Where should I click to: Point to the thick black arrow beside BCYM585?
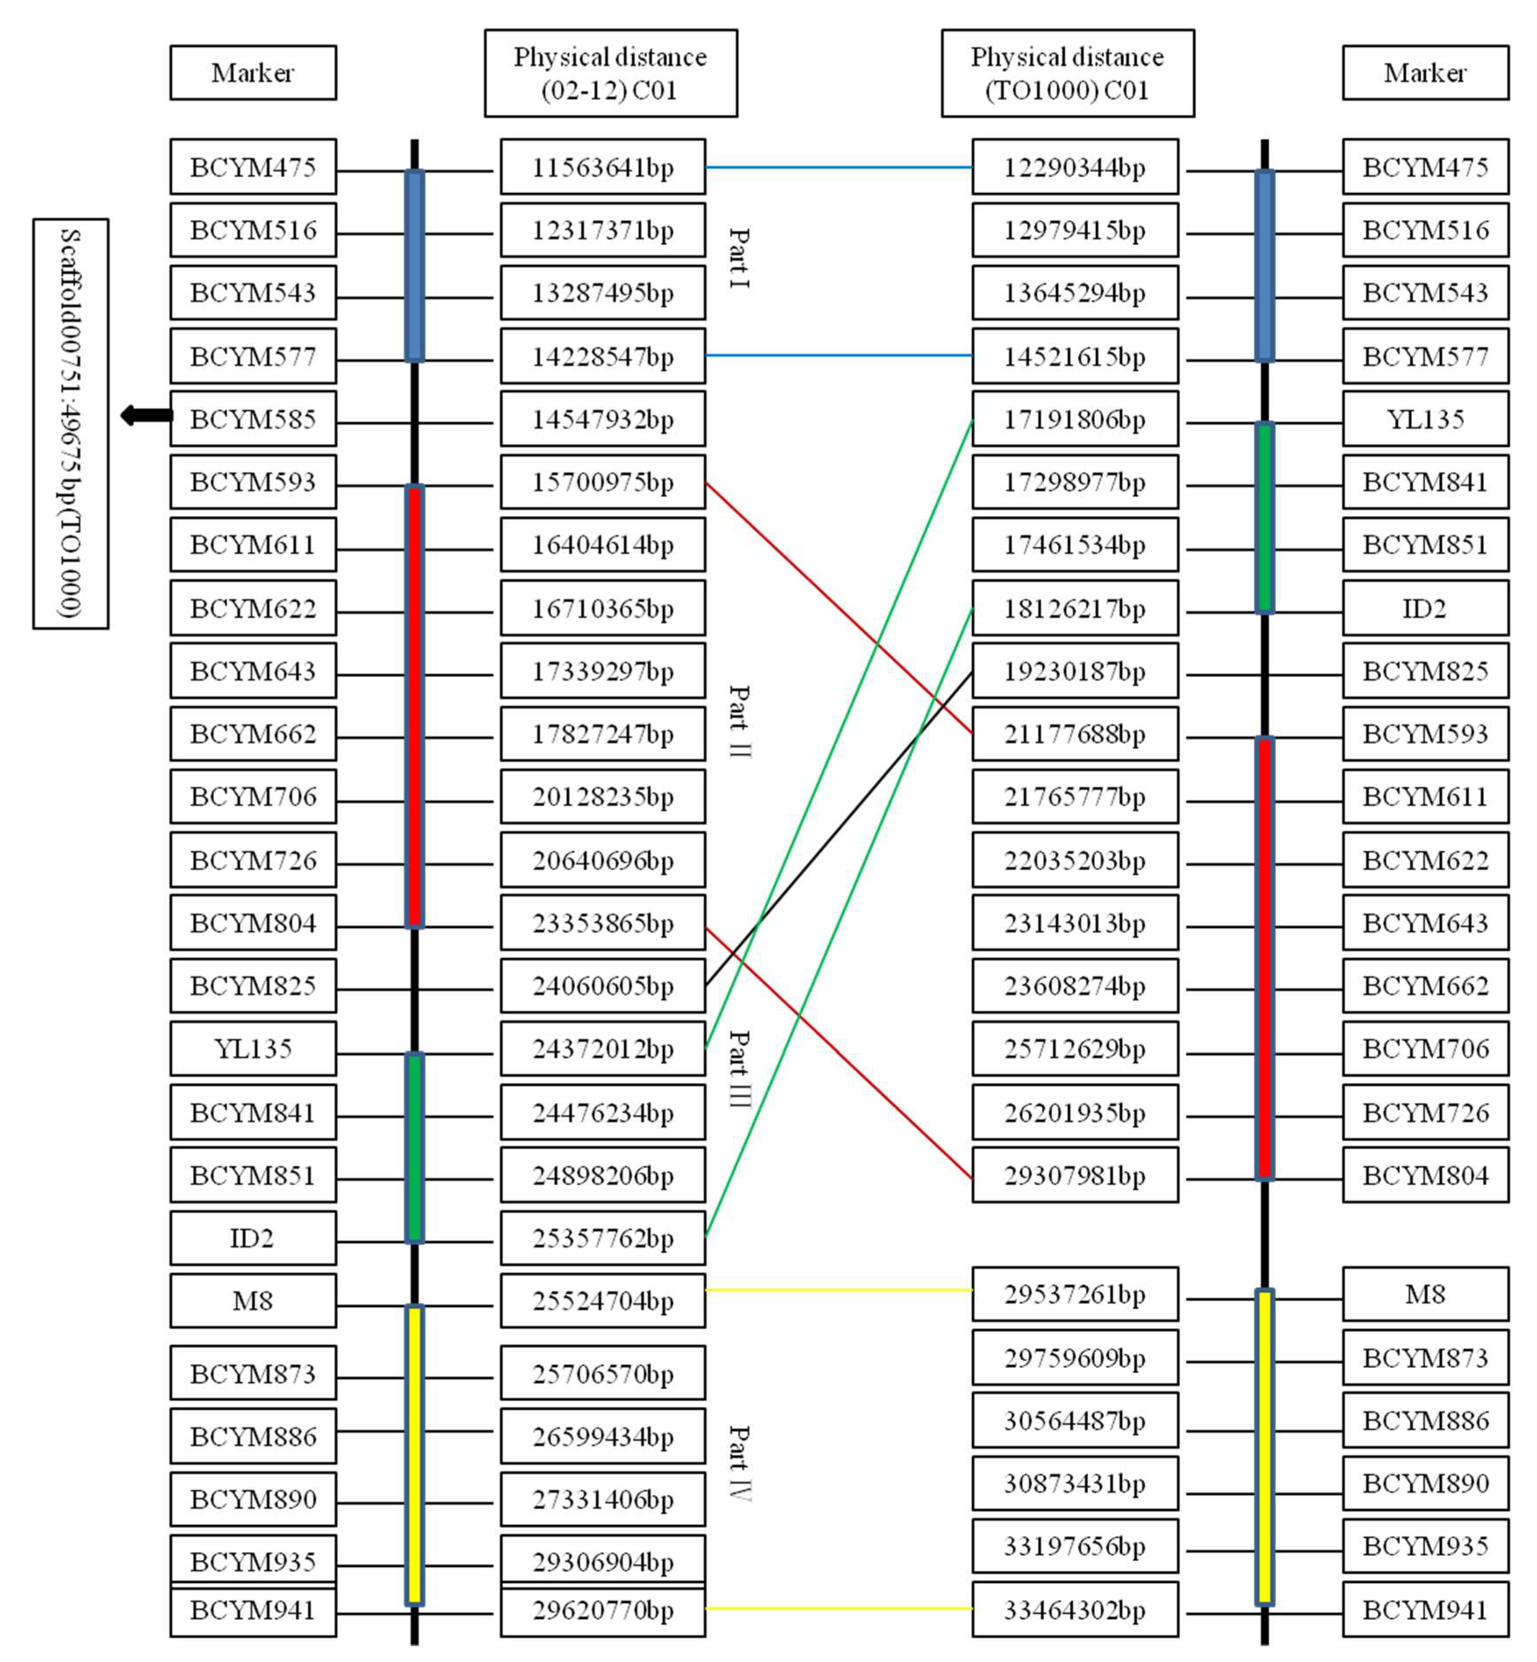tap(146, 415)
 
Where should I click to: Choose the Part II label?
tap(738, 721)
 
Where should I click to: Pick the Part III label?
tap(738, 1069)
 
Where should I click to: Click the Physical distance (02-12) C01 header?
tap(611, 73)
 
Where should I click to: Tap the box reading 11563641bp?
tap(602, 167)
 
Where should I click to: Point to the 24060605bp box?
tap(602, 986)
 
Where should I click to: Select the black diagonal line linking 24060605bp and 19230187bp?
tap(839, 829)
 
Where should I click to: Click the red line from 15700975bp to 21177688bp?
tap(839, 608)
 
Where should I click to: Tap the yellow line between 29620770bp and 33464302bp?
tap(839, 1609)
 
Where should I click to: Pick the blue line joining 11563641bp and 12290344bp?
tap(839, 167)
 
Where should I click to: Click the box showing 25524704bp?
tap(602, 1300)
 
